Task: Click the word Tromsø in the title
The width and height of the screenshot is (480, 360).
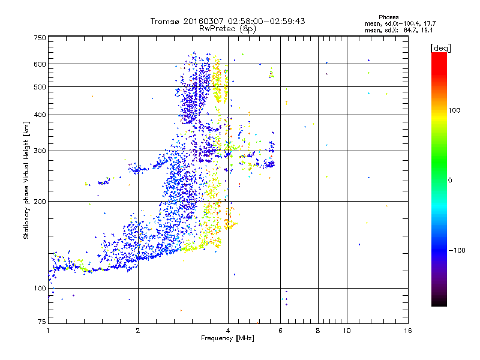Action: tap(164, 21)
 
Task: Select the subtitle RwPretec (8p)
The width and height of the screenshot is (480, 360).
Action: tap(228, 28)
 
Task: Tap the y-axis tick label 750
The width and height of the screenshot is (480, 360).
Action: tap(40, 38)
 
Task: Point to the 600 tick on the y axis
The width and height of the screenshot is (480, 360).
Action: tap(40, 64)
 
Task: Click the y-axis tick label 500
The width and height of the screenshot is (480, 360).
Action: tap(40, 87)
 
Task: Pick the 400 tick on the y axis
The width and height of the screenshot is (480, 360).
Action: tap(40, 115)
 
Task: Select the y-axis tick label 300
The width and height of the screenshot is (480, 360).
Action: tap(40, 151)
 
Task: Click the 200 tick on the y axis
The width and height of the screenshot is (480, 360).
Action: tap(40, 202)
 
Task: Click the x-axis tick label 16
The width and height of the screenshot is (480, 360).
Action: tap(407, 331)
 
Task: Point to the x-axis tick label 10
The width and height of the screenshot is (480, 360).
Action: tap(346, 331)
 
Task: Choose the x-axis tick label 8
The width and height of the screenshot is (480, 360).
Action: tap(318, 331)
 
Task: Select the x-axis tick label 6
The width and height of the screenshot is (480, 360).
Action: tap(281, 331)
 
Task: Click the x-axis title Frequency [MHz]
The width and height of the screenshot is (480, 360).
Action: tap(228, 339)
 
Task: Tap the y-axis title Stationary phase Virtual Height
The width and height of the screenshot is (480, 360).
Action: tap(26, 180)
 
